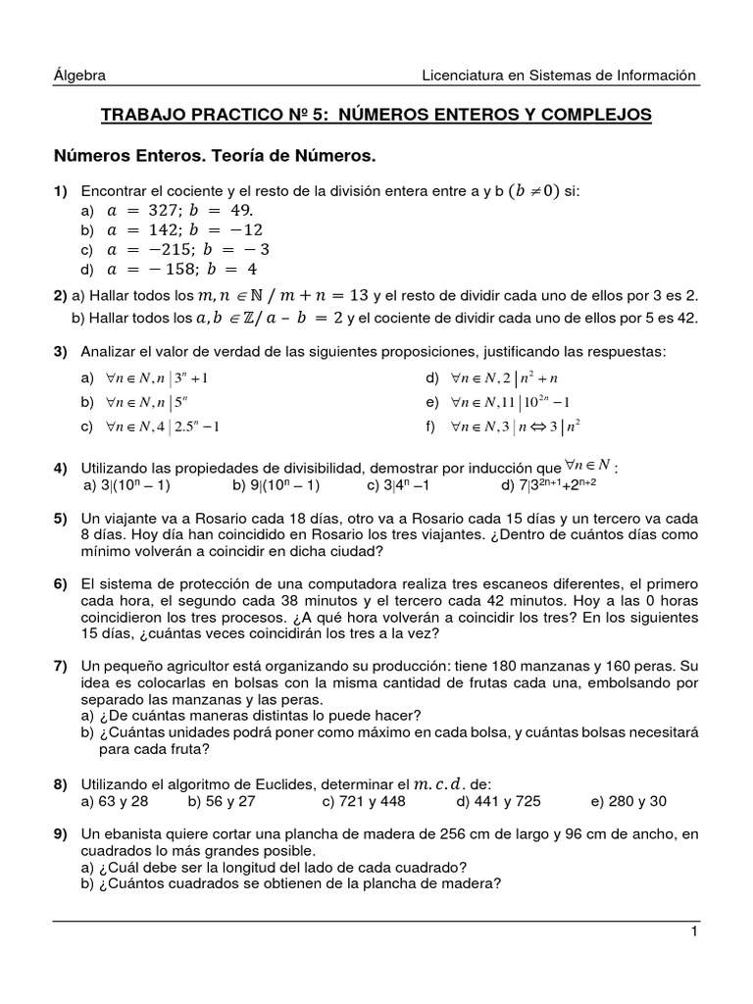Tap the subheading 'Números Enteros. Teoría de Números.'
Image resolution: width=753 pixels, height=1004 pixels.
point(215,156)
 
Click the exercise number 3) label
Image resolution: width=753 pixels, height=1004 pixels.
point(60,351)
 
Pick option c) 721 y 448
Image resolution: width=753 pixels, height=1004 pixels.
point(370,801)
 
